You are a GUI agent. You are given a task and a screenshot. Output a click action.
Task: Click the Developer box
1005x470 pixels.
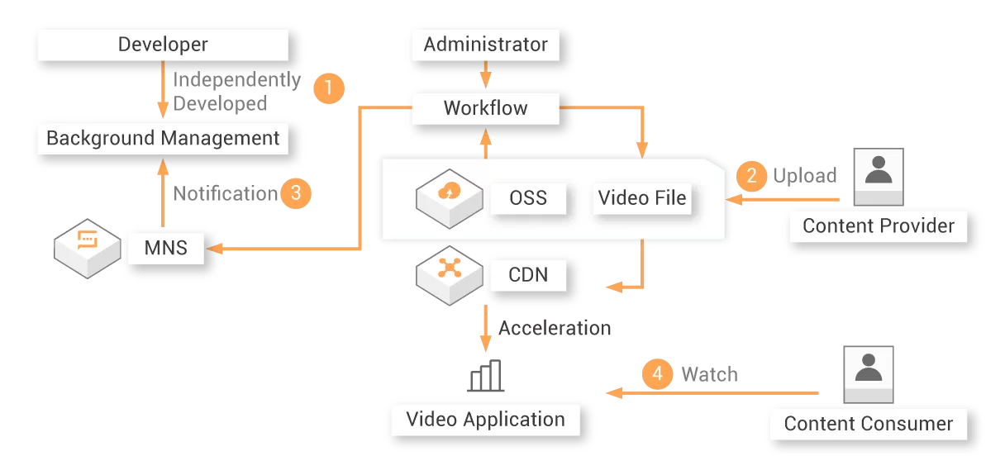(x=163, y=45)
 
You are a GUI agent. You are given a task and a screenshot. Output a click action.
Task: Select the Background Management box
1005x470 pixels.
(x=163, y=138)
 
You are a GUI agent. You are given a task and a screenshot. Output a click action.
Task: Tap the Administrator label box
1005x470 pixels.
(x=485, y=45)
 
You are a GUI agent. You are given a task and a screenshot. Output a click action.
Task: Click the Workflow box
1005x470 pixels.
(x=485, y=108)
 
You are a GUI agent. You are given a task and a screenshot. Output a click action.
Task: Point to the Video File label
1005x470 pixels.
(x=642, y=198)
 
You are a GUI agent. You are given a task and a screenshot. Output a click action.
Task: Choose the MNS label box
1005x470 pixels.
(x=165, y=247)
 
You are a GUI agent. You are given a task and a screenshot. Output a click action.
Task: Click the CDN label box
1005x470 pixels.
(x=528, y=273)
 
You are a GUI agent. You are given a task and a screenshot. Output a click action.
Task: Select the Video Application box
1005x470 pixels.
(x=485, y=420)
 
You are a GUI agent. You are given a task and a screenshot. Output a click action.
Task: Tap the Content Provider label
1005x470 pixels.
(x=879, y=226)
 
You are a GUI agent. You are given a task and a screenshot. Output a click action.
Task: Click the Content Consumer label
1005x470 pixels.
(x=869, y=424)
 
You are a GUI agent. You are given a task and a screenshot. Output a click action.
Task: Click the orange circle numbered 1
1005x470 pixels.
(x=328, y=88)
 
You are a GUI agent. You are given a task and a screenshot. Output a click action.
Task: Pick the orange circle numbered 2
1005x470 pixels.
(x=751, y=175)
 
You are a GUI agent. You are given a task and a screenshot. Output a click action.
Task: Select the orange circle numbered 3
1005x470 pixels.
(x=295, y=193)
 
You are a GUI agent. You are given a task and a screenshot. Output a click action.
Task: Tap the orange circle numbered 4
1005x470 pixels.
(x=657, y=374)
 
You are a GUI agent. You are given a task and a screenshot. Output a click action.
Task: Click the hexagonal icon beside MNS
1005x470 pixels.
(x=86, y=246)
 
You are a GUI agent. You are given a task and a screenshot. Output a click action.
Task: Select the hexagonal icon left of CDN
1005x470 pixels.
(x=449, y=273)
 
